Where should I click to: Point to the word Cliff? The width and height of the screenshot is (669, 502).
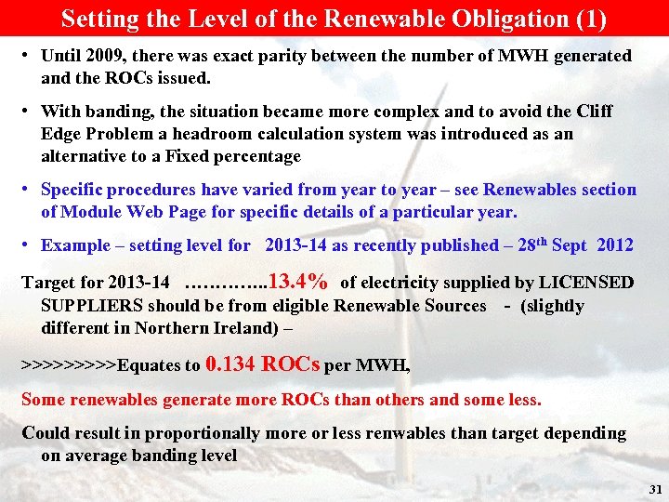(595, 112)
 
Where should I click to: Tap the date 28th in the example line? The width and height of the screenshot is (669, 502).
(523, 244)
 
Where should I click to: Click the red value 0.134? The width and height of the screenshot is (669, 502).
(231, 363)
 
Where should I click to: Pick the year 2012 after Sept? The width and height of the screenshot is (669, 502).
(615, 245)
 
